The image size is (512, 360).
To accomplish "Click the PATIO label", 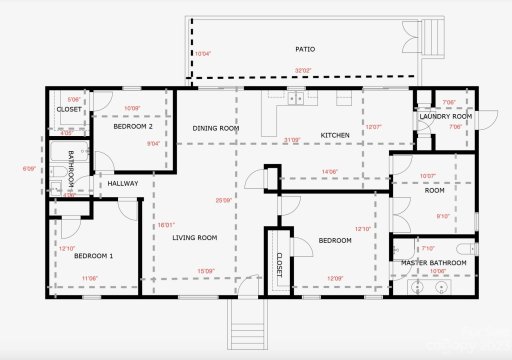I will [305, 48].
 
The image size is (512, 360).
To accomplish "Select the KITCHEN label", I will [334, 134].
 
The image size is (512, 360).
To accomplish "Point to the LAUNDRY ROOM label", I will [446, 116].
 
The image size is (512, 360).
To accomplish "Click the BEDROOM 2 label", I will [133, 127].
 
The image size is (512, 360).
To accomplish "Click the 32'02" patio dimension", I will [302, 70].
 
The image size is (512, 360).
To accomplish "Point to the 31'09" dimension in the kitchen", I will [292, 140].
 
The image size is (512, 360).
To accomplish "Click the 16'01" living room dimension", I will [166, 225].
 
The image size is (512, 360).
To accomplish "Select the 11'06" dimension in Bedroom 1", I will [89, 278].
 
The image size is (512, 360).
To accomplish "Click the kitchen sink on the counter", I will [295, 98].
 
